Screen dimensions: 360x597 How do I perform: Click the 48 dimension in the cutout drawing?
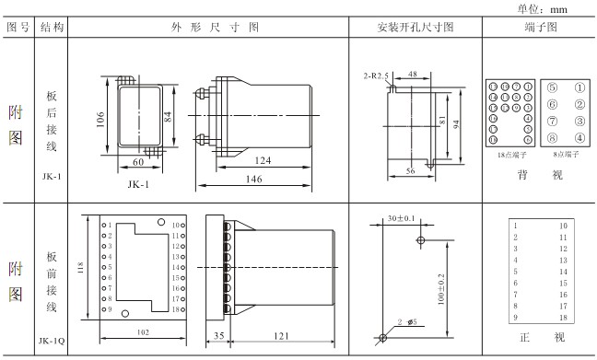(414, 74)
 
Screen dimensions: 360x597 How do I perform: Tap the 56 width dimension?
(410, 171)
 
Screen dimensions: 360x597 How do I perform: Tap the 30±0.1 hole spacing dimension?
(403, 218)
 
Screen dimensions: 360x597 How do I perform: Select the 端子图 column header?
(538, 28)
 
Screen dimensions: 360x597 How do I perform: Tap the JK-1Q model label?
(52, 341)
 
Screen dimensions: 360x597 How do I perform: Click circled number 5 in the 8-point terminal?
(551, 89)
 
